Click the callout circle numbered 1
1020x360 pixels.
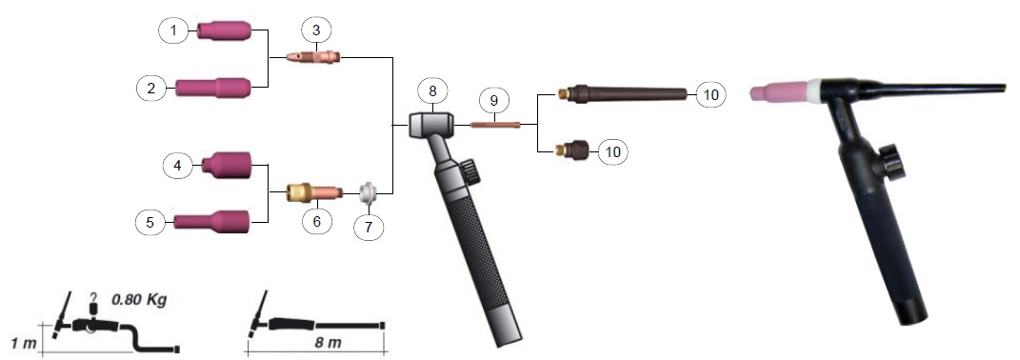(173, 30)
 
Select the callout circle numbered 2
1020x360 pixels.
(151, 88)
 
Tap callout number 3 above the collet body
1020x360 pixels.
(316, 30)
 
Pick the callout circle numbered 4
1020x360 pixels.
(177, 166)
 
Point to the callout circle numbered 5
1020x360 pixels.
(150, 222)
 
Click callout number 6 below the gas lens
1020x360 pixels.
(317, 221)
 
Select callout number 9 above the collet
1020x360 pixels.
(493, 101)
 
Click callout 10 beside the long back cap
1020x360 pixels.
(711, 95)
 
